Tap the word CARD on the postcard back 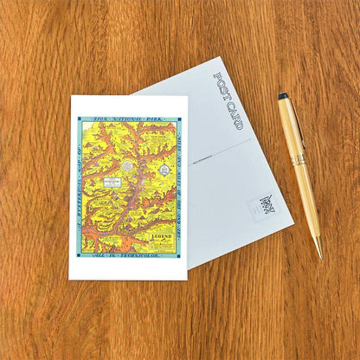(x=234, y=115)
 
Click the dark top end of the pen (x=283, y=96)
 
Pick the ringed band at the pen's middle (x=298, y=160)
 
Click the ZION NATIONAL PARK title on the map (x=130, y=119)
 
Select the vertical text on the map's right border (x=181, y=187)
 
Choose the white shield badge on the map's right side (x=164, y=170)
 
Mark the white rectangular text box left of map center (x=111, y=183)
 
